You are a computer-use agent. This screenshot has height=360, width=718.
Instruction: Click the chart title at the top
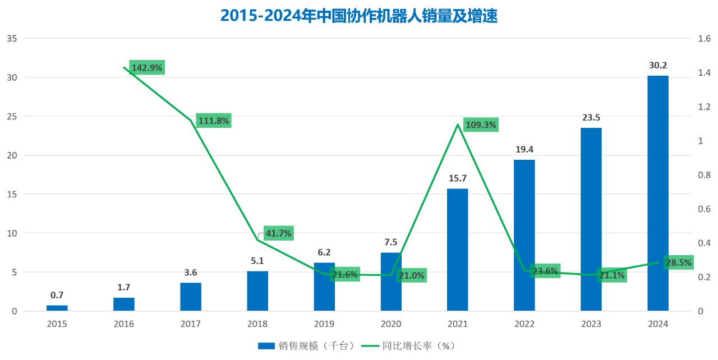[359, 16]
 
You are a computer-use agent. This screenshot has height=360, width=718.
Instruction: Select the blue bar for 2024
[657, 193]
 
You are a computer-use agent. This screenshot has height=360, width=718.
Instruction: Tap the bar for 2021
[457, 250]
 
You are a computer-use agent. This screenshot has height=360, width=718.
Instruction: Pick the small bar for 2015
[57, 308]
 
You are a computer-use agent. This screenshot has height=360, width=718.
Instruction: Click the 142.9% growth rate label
[147, 68]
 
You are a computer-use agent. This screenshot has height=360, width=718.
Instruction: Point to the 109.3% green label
[481, 125]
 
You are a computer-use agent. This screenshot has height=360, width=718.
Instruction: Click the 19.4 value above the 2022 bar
[524, 150]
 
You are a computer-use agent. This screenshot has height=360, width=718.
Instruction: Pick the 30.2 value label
[657, 66]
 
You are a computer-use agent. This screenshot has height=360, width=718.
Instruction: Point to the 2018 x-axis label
[257, 324]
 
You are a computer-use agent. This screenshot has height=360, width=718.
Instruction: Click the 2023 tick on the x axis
[591, 324]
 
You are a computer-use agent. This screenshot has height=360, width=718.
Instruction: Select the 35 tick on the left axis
[12, 39]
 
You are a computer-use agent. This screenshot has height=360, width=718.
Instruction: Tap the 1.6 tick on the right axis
[705, 39]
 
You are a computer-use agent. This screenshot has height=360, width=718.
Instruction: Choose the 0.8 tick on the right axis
[705, 175]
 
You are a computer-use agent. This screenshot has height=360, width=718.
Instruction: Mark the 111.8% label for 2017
[214, 121]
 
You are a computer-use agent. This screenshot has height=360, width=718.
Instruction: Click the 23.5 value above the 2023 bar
[591, 118]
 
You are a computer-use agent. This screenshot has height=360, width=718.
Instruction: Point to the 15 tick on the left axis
[12, 194]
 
